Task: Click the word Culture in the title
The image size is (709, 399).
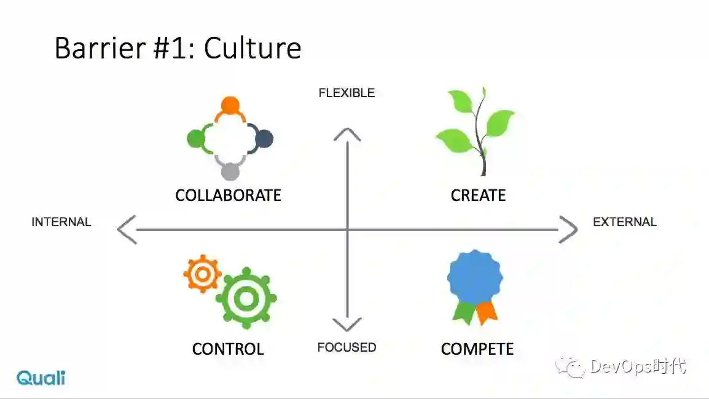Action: point(253,48)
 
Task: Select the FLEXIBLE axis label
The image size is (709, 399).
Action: point(347,93)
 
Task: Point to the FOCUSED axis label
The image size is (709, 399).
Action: point(347,347)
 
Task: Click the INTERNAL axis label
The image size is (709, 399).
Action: point(61,222)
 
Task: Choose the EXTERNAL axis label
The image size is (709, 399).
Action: point(625,222)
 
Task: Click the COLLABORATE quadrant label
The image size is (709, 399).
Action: point(228,196)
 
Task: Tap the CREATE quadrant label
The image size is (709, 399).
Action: point(478,196)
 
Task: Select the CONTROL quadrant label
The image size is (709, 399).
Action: point(228,349)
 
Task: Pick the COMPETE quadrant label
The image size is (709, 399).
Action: point(477,349)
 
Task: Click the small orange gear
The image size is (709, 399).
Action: point(202,275)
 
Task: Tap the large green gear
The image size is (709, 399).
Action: point(246,299)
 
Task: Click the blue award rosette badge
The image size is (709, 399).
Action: point(474,276)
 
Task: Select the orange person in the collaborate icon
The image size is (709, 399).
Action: point(230,106)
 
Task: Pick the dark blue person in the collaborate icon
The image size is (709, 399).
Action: point(264,138)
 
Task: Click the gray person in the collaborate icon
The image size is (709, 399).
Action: point(230,172)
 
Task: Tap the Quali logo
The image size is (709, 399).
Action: point(41,377)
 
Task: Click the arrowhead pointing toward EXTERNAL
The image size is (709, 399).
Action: point(568,230)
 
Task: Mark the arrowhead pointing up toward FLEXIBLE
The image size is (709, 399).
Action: point(347,133)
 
